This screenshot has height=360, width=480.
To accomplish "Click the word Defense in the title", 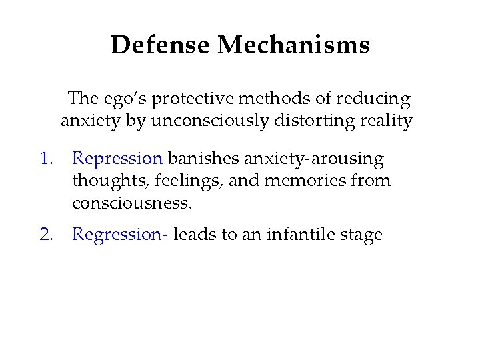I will tap(161, 45).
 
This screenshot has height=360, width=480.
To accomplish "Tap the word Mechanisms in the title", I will tap(293, 45).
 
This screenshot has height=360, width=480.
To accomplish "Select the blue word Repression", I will tap(117, 159).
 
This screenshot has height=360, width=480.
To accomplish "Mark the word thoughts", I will tap(103, 181).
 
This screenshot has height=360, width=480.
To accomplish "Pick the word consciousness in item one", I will tap(132, 203).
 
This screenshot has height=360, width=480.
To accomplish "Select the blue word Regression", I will tap(119, 235).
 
